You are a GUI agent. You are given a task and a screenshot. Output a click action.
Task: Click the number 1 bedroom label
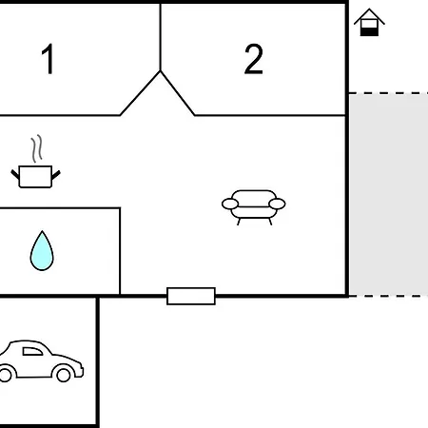click(x=48, y=59)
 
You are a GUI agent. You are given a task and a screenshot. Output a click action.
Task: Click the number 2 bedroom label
click(x=254, y=59)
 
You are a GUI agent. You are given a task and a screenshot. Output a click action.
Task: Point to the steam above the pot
click(x=37, y=148)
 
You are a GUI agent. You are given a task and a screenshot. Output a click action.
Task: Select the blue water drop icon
click(x=42, y=251)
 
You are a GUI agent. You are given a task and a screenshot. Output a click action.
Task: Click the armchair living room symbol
click(x=254, y=207)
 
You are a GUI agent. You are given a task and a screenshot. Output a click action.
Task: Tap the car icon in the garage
click(x=40, y=361)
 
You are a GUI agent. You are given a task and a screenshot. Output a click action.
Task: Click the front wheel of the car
click(x=63, y=375)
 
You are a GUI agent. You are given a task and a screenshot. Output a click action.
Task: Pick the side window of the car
click(x=32, y=351)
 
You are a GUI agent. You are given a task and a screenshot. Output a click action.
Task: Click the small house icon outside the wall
click(x=369, y=22)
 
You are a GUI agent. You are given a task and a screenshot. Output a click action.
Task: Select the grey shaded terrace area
click(x=389, y=195)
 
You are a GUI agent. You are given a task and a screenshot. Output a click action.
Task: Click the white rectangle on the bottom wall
click(x=191, y=296)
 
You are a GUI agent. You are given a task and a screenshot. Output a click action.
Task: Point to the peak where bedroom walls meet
click(x=161, y=71)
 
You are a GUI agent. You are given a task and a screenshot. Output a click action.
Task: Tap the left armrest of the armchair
click(x=230, y=204)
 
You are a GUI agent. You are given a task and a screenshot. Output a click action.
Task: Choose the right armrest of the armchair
click(x=277, y=204)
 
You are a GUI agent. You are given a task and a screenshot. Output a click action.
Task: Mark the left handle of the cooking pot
click(x=15, y=175)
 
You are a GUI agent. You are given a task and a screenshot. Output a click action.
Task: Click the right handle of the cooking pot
click(x=56, y=175)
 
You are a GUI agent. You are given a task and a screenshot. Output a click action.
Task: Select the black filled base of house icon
click(x=369, y=31)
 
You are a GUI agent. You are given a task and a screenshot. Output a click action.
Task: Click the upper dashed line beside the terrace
click(x=389, y=93)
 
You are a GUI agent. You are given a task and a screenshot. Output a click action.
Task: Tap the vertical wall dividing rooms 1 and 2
click(x=161, y=37)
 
